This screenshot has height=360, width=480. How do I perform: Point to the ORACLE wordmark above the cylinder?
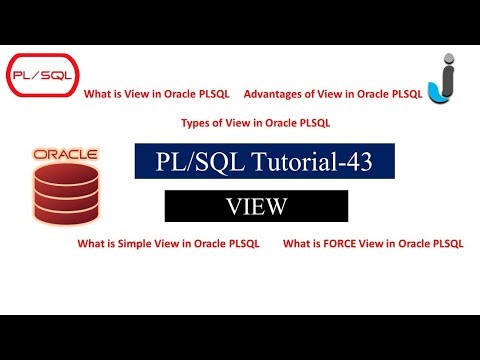(65, 156)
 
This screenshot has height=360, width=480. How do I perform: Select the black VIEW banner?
(256, 206)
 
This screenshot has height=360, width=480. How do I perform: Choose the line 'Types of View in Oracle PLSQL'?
(256, 123)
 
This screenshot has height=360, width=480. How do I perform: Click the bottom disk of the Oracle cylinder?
(65, 212)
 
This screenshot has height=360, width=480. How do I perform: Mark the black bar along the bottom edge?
(240, 337)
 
